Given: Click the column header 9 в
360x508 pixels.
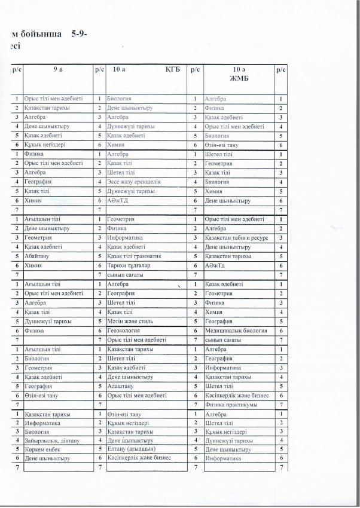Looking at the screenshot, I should pos(57,70).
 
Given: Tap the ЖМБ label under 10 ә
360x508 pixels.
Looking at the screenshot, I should pos(237,77).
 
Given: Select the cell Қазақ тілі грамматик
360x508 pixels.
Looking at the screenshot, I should pos(135,255).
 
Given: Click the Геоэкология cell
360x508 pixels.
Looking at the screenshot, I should pos(124,330).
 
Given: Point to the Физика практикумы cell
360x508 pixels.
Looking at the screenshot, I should pos(231,405).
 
